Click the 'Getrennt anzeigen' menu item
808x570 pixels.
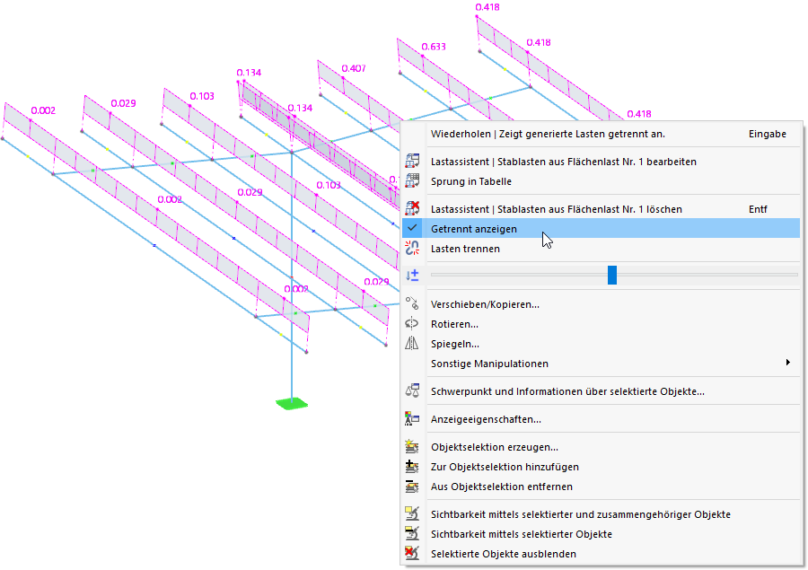[x=473, y=229]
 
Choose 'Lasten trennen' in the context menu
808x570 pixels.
[x=465, y=249]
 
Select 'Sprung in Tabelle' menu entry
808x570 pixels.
[x=470, y=181]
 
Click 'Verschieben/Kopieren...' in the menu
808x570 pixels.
[x=485, y=304]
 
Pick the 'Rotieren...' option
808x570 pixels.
[x=454, y=324]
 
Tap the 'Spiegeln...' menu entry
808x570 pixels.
[x=454, y=344]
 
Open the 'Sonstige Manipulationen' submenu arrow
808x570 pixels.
[x=787, y=364]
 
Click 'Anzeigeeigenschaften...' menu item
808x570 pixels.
[x=486, y=419]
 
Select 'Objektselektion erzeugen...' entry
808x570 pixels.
[x=494, y=447]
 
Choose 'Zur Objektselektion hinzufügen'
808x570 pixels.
[x=505, y=467]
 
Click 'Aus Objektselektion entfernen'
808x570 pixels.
[x=501, y=487]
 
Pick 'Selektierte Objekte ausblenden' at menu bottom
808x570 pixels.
[x=504, y=554]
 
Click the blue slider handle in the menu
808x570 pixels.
[x=612, y=275]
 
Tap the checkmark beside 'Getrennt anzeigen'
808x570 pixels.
[x=412, y=229]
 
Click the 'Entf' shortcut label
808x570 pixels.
[x=758, y=209]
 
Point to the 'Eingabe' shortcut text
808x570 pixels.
[x=767, y=134]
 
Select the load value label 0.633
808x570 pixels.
[x=434, y=47]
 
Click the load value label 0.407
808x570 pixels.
[x=353, y=68]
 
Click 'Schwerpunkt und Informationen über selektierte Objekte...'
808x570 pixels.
[x=567, y=391]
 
